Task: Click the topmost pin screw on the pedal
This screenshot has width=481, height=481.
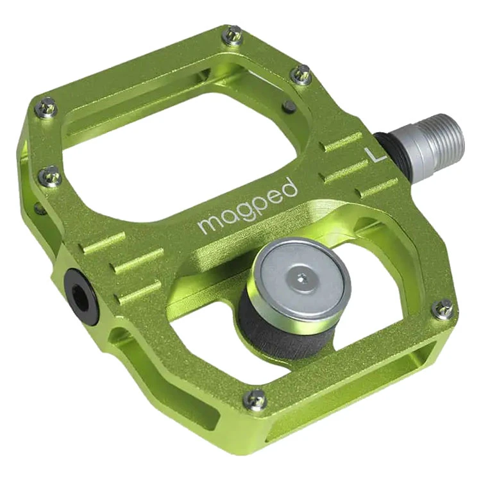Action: [232, 36]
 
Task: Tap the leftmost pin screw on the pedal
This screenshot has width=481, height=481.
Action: [46, 108]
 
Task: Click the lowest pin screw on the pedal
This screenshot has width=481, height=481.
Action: [256, 399]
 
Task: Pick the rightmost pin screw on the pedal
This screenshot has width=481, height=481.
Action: [443, 309]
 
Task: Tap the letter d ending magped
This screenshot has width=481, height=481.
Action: [290, 188]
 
